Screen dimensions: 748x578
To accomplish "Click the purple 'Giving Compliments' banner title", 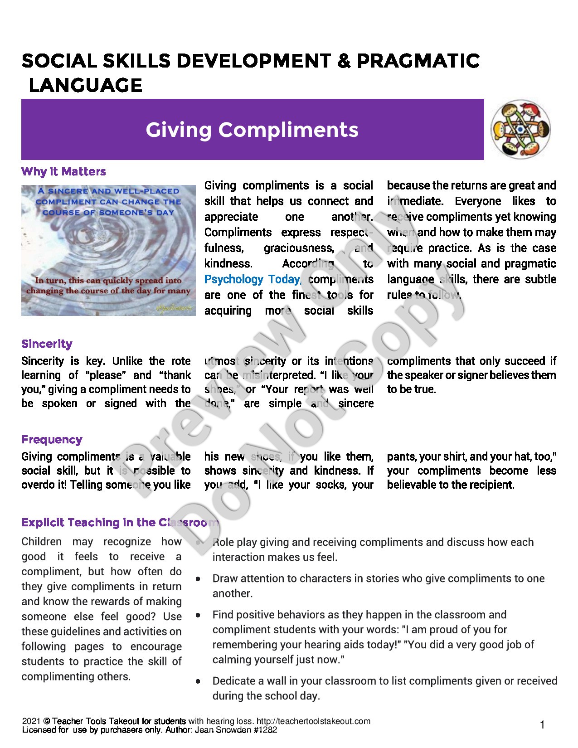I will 252,130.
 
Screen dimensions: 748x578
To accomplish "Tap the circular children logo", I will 520,129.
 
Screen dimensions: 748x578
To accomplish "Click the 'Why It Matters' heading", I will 63,171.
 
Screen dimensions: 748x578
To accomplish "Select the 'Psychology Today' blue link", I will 252,279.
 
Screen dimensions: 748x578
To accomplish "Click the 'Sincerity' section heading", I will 47,344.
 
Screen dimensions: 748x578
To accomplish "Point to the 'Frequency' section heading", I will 52,439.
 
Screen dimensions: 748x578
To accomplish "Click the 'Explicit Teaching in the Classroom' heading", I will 120,522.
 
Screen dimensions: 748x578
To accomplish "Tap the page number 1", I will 542,725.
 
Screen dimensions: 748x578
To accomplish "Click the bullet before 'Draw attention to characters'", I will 198,579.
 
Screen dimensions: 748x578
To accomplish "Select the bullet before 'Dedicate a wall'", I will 198,681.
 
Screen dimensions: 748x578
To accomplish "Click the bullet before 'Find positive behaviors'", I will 198,615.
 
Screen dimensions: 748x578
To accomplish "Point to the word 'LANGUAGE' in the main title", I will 85,85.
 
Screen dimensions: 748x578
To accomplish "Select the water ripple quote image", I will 108,250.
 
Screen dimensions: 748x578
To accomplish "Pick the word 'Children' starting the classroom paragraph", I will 41,542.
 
